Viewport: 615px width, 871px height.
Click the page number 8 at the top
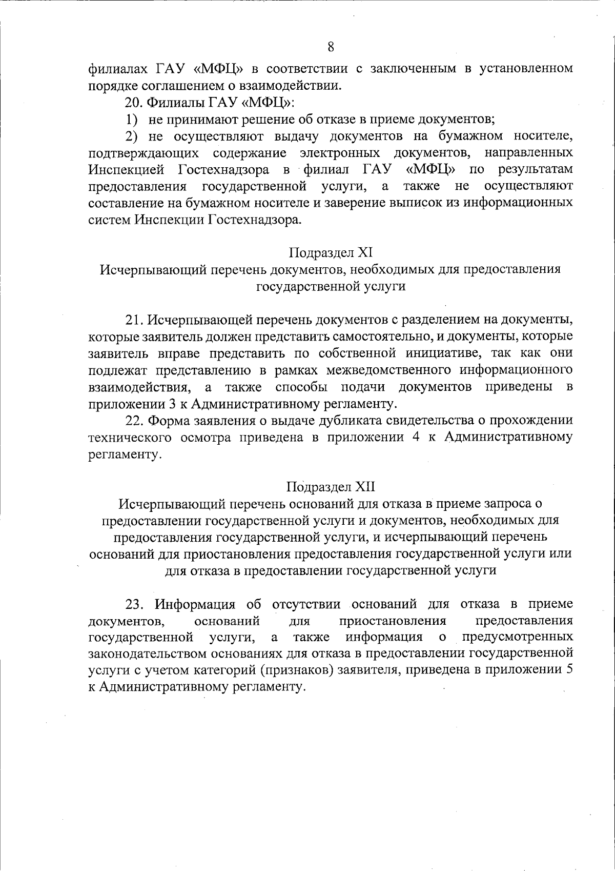click(331, 47)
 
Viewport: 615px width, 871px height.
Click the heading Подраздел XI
click(331, 252)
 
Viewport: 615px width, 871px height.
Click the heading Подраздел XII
click(331, 486)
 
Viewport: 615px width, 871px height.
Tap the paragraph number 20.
click(134, 102)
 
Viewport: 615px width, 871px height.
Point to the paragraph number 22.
click(135, 421)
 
